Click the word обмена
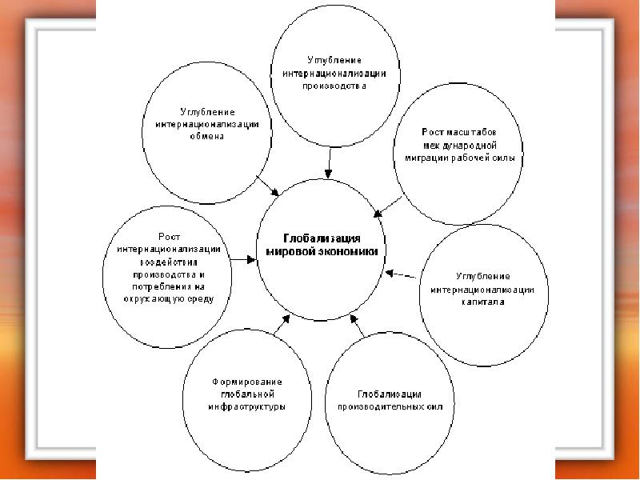tap(206, 136)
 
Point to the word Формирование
tap(246, 382)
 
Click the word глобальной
tap(246, 394)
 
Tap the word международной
tap(461, 146)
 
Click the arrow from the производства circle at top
tap(329, 164)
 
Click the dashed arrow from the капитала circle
tap(401, 274)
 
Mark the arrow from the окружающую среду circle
tap(241, 260)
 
